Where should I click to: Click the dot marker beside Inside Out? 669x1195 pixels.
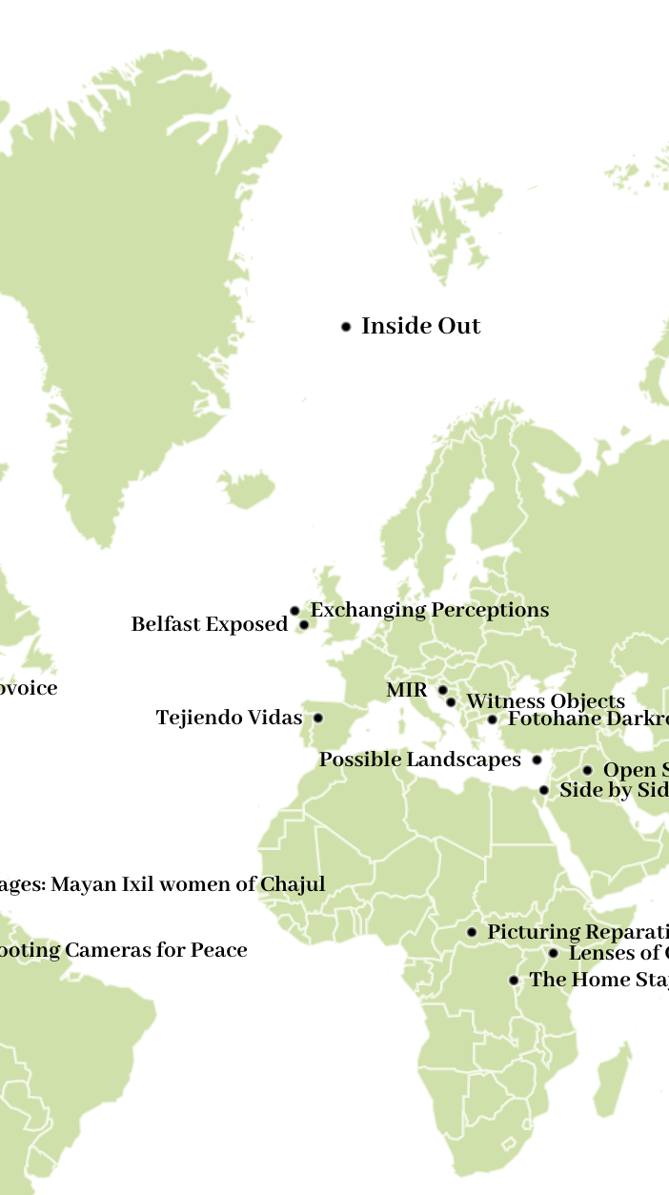[346, 327]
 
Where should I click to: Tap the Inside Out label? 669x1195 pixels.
[420, 326]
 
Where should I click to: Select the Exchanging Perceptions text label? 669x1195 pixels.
[430, 610]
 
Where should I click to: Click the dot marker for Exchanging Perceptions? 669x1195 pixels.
[294, 611]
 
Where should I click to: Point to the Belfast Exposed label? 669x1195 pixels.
[209, 624]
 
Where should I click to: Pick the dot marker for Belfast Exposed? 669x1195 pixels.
[304, 625]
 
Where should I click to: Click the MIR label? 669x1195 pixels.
[407, 690]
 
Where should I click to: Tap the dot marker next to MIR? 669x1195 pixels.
[442, 690]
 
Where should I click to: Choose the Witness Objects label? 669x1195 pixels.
[545, 702]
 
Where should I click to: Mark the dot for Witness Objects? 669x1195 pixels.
[451, 702]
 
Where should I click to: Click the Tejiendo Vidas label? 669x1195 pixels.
[229, 718]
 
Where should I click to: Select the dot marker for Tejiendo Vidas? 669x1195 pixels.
[318, 718]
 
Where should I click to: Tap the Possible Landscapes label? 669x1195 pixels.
[419, 760]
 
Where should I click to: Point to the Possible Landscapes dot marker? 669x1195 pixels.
[537, 760]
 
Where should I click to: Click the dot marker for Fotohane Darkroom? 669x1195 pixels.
[492, 719]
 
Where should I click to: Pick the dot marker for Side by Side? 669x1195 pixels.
[543, 790]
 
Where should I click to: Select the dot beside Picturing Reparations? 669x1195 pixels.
[472, 932]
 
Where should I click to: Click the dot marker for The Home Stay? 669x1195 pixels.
[514, 980]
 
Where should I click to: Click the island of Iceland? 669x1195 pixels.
[247, 490]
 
